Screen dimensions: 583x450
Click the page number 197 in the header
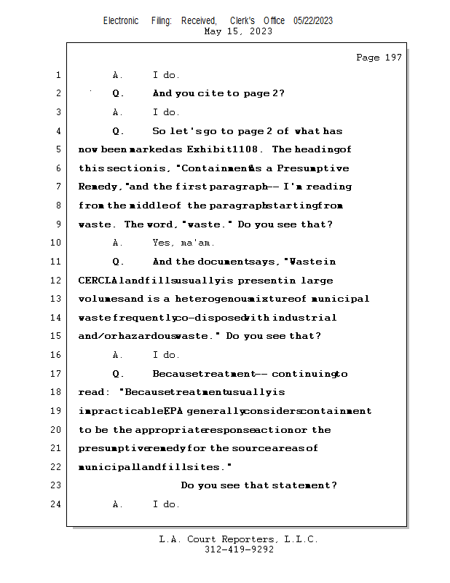point(393,58)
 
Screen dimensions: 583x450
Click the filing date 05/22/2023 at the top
point(313,21)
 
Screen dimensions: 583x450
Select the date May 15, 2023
point(238,31)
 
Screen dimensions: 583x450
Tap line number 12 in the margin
point(58,281)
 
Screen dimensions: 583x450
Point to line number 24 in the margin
point(58,504)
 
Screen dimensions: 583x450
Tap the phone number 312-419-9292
point(238,549)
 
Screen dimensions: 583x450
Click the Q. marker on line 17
point(119,374)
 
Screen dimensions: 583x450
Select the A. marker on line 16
point(119,355)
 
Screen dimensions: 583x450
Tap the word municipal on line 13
point(340,299)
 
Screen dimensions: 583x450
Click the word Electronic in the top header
point(121,21)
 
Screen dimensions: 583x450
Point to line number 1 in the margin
point(58,75)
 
